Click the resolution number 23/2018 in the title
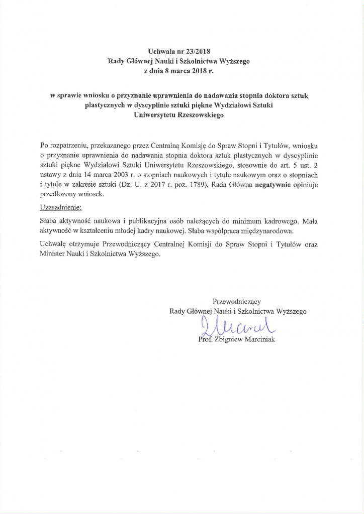tap(198, 51)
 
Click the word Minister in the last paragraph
tap(52, 254)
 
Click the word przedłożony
tap(58, 195)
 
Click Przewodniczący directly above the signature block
tap(237, 301)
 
